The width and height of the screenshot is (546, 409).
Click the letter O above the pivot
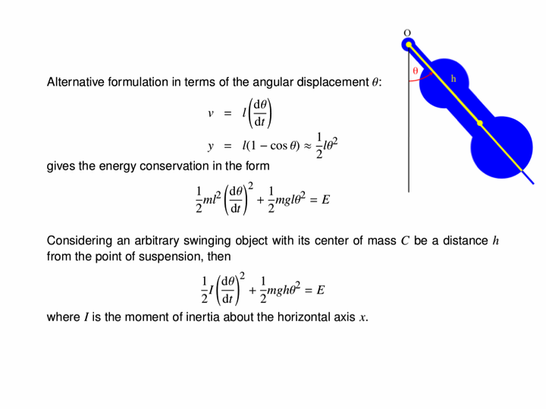pyautogui.click(x=407, y=33)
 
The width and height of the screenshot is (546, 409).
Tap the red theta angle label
pyautogui.click(x=415, y=71)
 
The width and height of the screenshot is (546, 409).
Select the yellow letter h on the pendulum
pyautogui.click(x=453, y=79)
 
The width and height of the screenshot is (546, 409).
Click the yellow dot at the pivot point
pyautogui.click(x=409, y=45)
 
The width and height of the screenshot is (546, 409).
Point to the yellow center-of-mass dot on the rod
pyautogui.click(x=480, y=123)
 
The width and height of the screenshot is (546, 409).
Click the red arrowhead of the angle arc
pyautogui.click(x=431, y=73)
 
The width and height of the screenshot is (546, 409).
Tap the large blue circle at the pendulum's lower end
pyautogui.click(x=501, y=148)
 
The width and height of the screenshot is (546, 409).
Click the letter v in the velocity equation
pyautogui.click(x=211, y=114)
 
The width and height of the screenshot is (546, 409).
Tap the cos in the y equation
pyautogui.click(x=278, y=145)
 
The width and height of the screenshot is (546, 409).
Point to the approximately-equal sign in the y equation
pyautogui.click(x=307, y=146)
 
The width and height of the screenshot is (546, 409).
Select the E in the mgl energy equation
pyautogui.click(x=325, y=200)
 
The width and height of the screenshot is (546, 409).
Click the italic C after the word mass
pyautogui.click(x=405, y=241)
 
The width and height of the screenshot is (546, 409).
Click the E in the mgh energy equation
pyautogui.click(x=320, y=290)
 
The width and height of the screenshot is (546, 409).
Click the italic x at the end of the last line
pyautogui.click(x=362, y=318)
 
